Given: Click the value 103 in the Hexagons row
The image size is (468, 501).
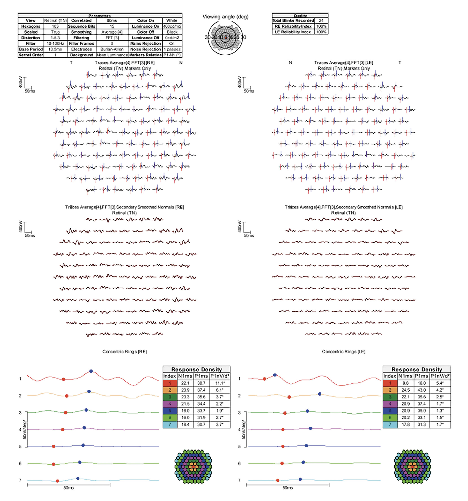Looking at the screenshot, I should point(55,26).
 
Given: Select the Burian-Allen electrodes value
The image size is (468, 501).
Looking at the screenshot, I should point(112,49).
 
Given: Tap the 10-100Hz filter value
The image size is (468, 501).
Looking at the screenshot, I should point(55,43).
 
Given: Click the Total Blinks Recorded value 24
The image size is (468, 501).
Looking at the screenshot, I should point(321,21).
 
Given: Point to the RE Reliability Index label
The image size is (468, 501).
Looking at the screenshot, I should point(293,26).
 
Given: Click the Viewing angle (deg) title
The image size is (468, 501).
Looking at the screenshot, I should point(225,17).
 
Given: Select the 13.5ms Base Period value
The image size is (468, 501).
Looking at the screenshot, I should point(55,49).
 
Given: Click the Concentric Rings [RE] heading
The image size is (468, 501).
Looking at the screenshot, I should point(124,352).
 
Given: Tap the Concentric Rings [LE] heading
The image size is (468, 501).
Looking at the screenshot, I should point(343,352).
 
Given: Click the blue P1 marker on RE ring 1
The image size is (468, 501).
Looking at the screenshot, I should point(91,371).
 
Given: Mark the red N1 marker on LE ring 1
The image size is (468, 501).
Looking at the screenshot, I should point(264,379).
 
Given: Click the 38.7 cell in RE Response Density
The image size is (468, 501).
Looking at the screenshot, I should point(201,383).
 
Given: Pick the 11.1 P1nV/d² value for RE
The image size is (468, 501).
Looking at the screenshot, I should point(220,383).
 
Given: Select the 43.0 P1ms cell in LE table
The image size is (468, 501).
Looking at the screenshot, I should point(422,390).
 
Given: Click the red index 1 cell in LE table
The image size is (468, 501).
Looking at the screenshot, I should point(390,383).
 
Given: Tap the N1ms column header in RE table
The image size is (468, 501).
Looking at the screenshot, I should point(185,376).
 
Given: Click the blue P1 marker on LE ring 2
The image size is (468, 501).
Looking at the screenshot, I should point(319,394).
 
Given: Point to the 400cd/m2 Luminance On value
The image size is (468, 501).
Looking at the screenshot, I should point(172,26).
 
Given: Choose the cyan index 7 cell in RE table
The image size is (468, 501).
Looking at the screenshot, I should point(170,424).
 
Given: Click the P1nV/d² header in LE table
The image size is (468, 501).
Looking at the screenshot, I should point(440,376).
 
